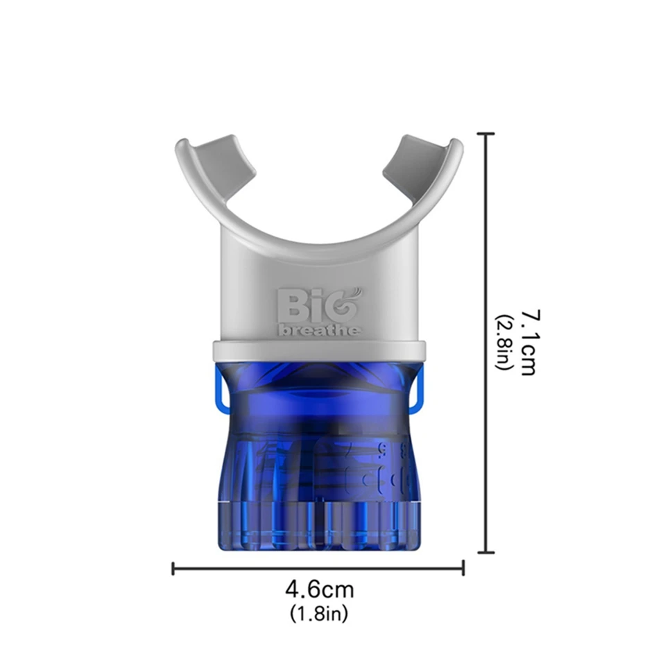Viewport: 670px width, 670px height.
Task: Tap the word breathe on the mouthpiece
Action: [319, 330]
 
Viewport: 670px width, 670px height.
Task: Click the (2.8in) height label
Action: [503, 342]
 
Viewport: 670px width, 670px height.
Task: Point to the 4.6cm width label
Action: [320, 590]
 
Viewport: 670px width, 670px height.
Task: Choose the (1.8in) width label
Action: [319, 614]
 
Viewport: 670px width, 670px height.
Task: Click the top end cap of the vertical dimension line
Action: [486, 134]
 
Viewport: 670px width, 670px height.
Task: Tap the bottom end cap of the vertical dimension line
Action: [486, 552]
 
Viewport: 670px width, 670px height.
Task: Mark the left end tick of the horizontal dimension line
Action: [173, 568]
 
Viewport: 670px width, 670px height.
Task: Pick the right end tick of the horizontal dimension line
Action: [463, 568]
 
